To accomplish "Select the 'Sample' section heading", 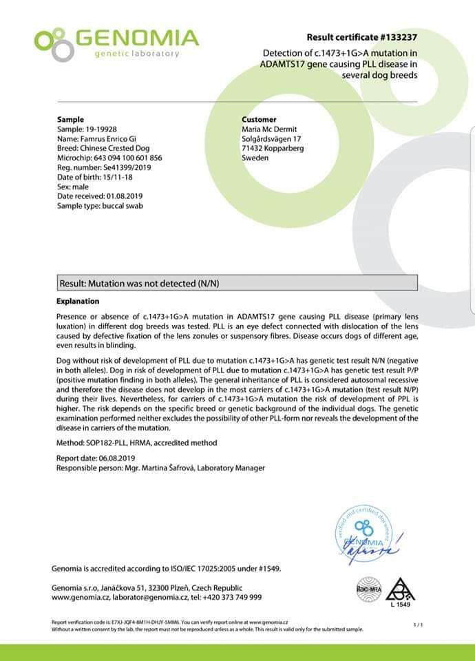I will click(70, 119).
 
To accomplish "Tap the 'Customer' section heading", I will click(260, 119).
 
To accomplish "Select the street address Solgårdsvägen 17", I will click(271, 138).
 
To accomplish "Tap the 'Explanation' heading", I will click(77, 301).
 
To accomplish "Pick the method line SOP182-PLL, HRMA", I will click(136, 443).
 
